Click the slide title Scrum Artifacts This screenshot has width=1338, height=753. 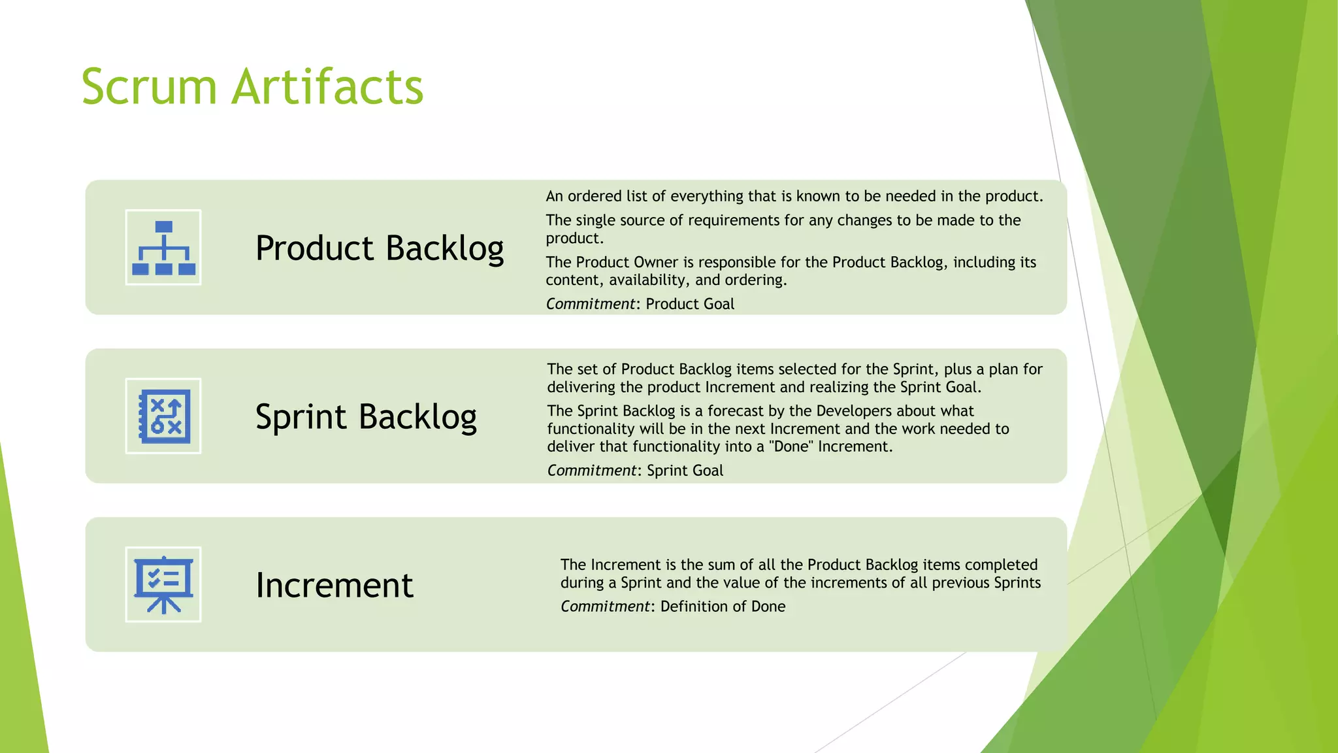tap(252, 86)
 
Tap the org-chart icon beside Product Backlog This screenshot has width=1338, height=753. tap(163, 248)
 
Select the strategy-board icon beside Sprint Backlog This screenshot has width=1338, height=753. tap(163, 416)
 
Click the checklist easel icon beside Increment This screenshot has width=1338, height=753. tap(163, 584)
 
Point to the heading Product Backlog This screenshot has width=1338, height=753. tap(380, 248)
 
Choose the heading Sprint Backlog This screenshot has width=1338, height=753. tap(366, 417)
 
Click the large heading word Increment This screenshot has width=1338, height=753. tap(334, 585)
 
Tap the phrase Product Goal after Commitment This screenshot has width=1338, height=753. tap(690, 304)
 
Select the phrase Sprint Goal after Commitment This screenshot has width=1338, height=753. tap(685, 471)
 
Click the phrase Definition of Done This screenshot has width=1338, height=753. tap(723, 607)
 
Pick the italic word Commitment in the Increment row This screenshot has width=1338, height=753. tap(605, 607)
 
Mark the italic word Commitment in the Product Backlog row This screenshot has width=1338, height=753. tap(591, 304)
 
